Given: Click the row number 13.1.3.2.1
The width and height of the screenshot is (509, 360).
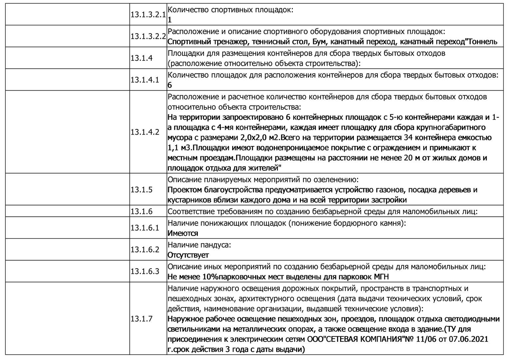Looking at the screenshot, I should click(148, 15).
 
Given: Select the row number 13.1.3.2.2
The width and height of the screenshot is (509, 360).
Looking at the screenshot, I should click(148, 36).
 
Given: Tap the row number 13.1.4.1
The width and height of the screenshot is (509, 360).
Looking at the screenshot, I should click(145, 80).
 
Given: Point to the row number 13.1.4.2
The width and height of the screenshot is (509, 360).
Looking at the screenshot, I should click(145, 132).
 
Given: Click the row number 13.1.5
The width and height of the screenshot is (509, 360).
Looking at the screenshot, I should click(142, 190).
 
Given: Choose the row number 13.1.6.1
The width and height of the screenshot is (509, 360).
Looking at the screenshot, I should click(145, 228).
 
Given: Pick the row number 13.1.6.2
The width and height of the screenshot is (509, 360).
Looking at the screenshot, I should click(145, 250).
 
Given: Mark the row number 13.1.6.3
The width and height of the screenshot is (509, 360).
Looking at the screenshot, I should click(145, 271).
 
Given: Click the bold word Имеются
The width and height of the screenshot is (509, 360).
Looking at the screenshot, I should click(183, 233).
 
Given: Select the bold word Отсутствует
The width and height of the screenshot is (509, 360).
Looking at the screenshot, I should click(188, 255).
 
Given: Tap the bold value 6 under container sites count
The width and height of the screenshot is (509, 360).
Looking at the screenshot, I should click(170, 85).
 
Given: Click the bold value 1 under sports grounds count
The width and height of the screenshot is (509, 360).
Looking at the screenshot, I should click(170, 20).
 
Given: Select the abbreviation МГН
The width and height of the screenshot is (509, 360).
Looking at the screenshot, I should click(381, 277).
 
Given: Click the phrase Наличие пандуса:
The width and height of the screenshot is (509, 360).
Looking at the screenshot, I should click(199, 245).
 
